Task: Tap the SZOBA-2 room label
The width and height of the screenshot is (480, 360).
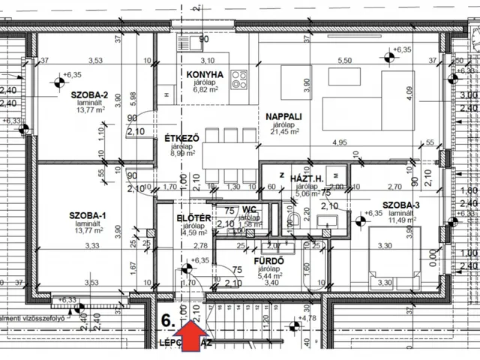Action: [90, 95]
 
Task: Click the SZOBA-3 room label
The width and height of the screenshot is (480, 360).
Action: [400, 205]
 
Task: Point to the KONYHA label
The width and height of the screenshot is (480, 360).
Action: [205, 74]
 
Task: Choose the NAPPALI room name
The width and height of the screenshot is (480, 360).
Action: [283, 116]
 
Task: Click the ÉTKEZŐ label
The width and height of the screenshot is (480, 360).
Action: [181, 138]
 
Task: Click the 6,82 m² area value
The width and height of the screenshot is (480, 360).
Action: [205, 88]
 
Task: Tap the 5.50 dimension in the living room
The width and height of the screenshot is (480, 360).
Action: [345, 61]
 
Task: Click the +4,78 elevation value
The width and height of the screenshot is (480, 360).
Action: [306, 319]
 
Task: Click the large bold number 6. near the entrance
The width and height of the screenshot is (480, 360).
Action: [169, 319]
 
